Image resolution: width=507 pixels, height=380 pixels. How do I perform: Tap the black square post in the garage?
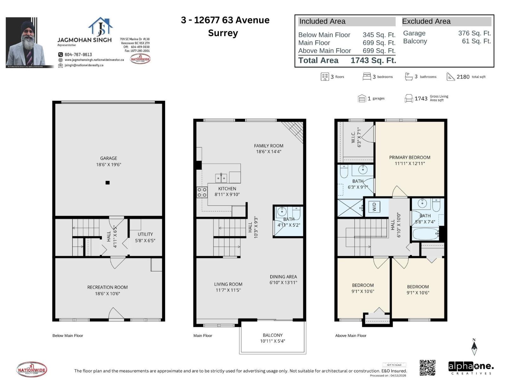(108, 183)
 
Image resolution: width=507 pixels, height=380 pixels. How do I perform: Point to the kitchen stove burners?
(202, 192)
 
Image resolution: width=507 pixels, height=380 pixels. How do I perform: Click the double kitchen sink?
(221, 178)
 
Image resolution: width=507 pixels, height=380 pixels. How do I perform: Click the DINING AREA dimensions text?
(283, 282)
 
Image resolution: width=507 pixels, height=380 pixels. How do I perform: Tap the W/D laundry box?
(374, 207)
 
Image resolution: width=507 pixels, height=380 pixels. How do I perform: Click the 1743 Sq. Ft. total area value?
(373, 60)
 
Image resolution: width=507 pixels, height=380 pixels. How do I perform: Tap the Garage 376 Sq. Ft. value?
(474, 33)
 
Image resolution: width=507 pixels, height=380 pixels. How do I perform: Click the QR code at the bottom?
(427, 368)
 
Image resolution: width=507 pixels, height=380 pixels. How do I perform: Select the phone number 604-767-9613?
(78, 54)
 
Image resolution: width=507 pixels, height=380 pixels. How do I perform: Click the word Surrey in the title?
(223, 33)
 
